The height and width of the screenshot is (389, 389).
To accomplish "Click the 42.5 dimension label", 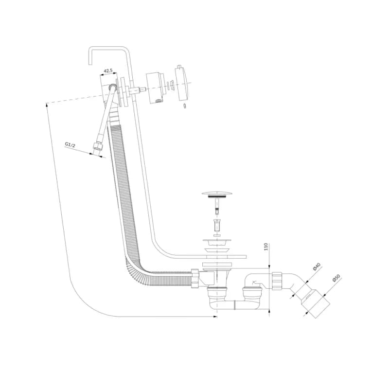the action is click(108, 71).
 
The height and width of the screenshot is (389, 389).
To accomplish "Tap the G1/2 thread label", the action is click(70, 144).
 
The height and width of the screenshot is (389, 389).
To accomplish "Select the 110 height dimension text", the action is click(266, 247).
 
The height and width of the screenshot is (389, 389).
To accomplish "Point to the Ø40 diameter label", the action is click(317, 266).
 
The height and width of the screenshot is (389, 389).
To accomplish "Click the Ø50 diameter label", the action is click(336, 278).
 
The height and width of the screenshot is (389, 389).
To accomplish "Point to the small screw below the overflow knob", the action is click(185, 106).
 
